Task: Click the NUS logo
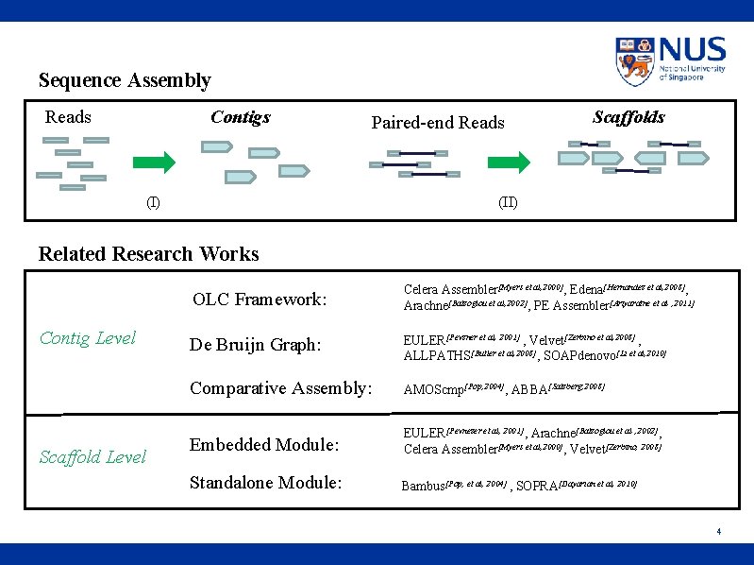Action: click(x=670, y=60)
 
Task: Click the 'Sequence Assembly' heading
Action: click(x=125, y=80)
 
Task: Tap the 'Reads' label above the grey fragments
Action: click(x=69, y=117)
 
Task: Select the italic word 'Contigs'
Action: click(x=240, y=117)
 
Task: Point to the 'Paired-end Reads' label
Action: click(x=438, y=123)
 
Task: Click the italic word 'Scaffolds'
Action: click(x=628, y=117)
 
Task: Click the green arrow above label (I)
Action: click(x=154, y=162)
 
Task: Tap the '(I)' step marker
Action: click(x=153, y=201)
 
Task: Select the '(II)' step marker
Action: click(x=508, y=201)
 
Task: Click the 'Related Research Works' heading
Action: click(x=148, y=253)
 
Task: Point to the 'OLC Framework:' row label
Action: click(x=260, y=300)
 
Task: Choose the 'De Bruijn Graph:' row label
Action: click(x=255, y=346)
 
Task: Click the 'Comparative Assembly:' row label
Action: click(x=281, y=388)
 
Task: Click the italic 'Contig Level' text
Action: click(x=88, y=338)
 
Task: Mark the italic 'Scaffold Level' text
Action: click(x=92, y=457)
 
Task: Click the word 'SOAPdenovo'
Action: click(x=579, y=356)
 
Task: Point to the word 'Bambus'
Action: click(x=422, y=487)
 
